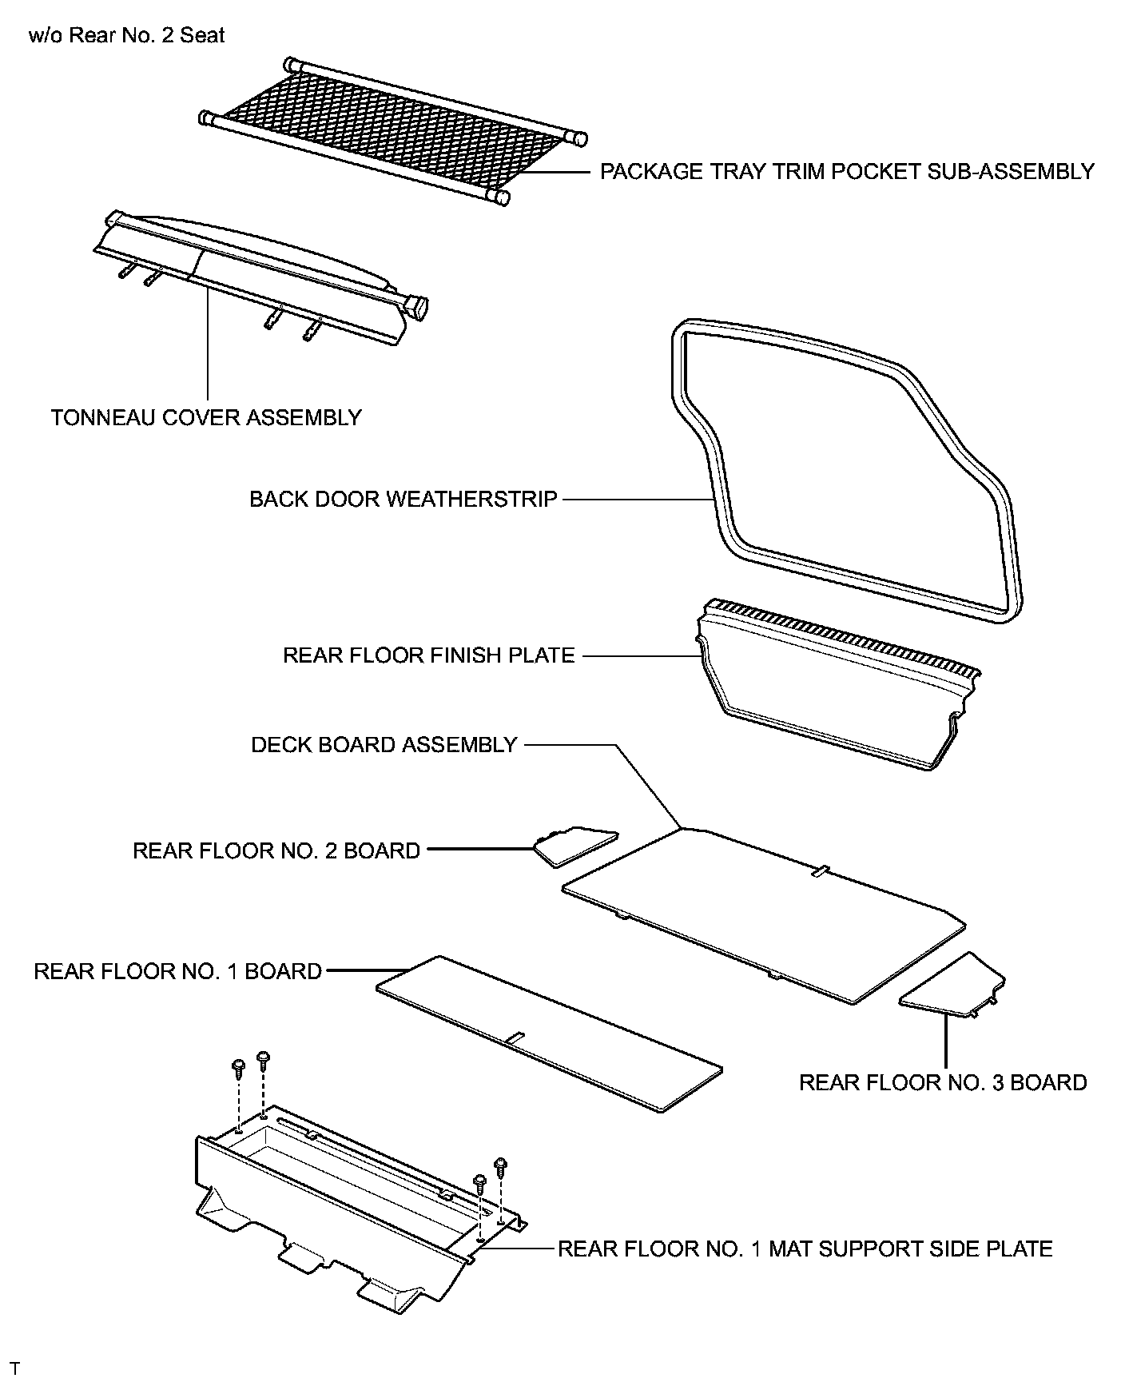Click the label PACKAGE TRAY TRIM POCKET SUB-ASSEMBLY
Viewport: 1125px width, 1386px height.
(847, 172)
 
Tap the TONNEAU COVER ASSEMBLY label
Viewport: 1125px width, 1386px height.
(206, 417)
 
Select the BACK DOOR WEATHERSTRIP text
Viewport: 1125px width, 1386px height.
(403, 500)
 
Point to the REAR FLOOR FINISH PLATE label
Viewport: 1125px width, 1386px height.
(429, 655)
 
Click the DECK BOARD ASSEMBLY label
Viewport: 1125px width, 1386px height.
(384, 745)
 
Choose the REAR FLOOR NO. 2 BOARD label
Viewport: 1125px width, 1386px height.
(276, 850)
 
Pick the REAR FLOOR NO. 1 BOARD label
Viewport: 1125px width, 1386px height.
(177, 971)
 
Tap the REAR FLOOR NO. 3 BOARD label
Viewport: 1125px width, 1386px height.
(943, 1082)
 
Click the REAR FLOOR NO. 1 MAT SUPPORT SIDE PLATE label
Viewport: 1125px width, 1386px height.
(805, 1249)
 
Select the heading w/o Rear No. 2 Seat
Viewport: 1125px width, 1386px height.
(126, 36)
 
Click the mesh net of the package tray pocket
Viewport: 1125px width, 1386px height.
(392, 128)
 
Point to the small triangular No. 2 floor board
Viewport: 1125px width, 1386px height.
(574, 846)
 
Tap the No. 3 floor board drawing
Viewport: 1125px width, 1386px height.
(955, 987)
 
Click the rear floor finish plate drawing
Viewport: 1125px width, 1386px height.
(831, 703)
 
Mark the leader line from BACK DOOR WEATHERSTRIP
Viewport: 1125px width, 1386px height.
(635, 500)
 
